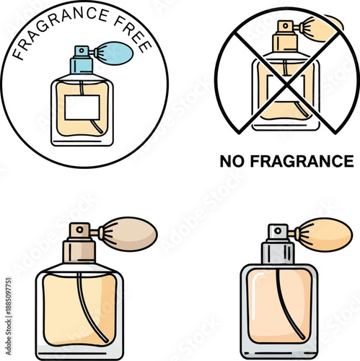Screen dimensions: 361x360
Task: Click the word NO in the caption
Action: point(229,161)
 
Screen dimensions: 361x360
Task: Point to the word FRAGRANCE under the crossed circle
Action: point(299,161)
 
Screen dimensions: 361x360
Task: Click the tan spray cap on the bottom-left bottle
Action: point(79,231)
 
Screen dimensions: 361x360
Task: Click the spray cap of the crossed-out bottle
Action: point(281,27)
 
